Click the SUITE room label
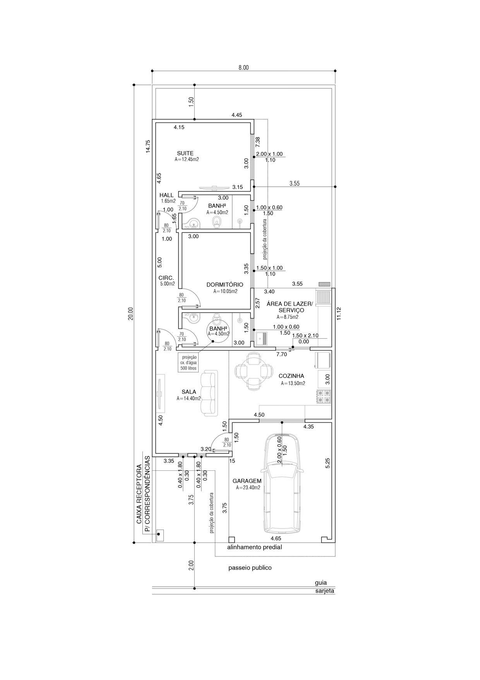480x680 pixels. coord(185,153)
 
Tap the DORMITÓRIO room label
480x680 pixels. coord(225,285)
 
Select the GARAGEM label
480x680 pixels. coord(247,481)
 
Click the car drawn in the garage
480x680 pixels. coord(282,484)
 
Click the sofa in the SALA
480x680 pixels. coord(209,393)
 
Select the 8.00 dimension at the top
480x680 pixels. coord(243,67)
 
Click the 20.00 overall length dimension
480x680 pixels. coord(131,313)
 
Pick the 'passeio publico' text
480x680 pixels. coord(250,568)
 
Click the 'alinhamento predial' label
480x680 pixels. coord(254,547)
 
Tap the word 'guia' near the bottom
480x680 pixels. coord(321,582)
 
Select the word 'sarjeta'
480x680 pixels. coord(324,591)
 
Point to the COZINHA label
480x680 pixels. coord(291,376)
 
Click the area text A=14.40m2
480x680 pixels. coord(189,398)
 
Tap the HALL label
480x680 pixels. coord(166,195)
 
